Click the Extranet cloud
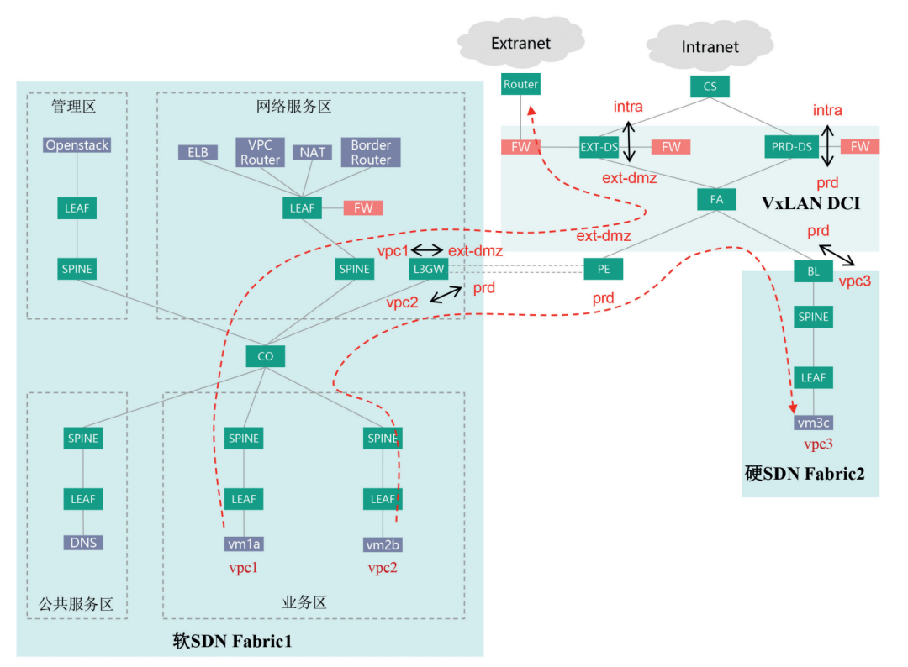point(521,42)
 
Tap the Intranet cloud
point(710,47)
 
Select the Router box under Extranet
point(520,85)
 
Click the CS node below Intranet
point(710,86)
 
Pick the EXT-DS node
point(599,147)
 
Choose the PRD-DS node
point(791,147)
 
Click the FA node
point(716,200)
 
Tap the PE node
point(603,270)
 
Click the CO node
point(266,356)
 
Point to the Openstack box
point(77,145)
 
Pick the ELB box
point(198,153)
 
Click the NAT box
point(312,153)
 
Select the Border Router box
point(371,152)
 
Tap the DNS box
point(83,543)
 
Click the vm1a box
point(244,544)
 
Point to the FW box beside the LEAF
point(363,207)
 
